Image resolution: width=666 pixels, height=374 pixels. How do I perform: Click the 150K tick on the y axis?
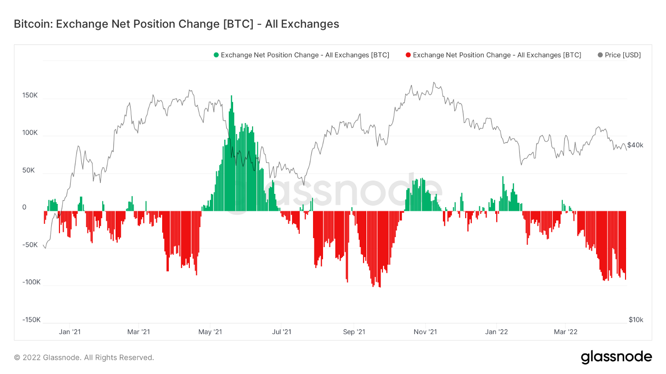click(x=30, y=96)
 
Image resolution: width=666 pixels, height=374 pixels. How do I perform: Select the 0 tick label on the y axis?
click(x=24, y=208)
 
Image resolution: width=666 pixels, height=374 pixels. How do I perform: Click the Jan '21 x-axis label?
click(x=69, y=332)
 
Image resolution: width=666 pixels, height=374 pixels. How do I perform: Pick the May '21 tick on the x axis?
click(x=210, y=332)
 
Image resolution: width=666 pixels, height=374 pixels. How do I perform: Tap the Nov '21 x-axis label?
click(x=426, y=332)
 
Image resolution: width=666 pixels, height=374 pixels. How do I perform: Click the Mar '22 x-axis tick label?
click(x=566, y=332)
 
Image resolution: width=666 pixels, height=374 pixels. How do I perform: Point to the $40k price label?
click(x=635, y=145)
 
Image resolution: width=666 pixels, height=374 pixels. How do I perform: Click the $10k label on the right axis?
click(x=635, y=320)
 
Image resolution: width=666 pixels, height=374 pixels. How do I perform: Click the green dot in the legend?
click(x=216, y=55)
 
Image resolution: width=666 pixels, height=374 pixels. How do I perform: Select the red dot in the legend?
click(x=408, y=55)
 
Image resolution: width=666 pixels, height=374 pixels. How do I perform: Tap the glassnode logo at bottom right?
click(x=616, y=357)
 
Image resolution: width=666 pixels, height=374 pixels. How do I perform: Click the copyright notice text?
click(x=84, y=357)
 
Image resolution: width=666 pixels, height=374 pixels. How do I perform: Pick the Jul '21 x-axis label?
click(x=282, y=332)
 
